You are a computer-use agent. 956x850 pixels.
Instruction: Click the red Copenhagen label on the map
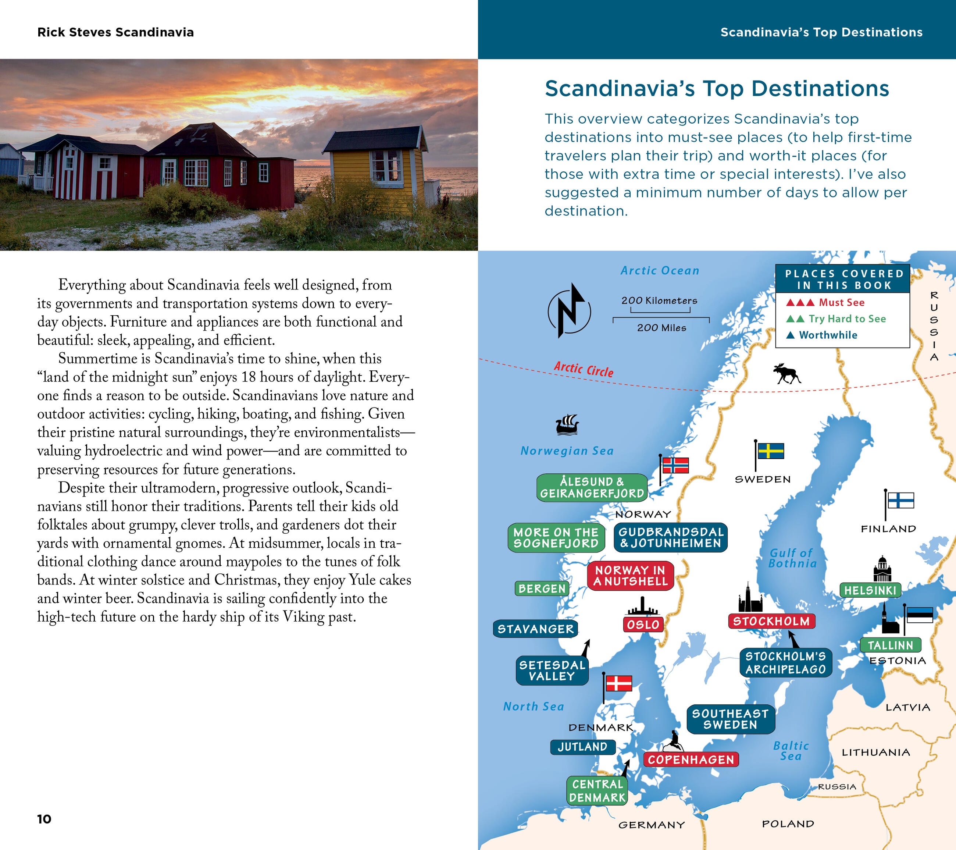point(691,759)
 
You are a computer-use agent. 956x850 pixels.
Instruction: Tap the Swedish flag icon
point(770,451)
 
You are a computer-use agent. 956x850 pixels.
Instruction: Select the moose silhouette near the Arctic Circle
point(787,374)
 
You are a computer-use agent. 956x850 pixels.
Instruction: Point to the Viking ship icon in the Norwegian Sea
point(567,424)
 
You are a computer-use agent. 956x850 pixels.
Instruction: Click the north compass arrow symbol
point(569,311)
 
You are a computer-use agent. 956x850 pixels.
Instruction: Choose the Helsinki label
point(870,590)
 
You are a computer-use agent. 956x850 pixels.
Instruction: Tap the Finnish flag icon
point(900,500)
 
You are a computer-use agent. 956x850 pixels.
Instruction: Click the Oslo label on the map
point(643,624)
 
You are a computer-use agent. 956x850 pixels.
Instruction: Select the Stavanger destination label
point(535,629)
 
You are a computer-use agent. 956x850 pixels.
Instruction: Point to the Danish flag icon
point(618,683)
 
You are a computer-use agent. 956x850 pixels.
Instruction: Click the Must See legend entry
point(841,302)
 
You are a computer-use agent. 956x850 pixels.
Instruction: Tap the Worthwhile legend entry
point(827,335)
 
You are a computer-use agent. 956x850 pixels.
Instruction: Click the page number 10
point(44,819)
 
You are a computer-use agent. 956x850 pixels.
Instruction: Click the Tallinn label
point(890,645)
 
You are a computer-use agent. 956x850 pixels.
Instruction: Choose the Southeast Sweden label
point(730,719)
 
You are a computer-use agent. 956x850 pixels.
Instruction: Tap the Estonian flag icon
point(920,615)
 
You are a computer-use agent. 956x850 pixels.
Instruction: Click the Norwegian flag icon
point(675,466)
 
